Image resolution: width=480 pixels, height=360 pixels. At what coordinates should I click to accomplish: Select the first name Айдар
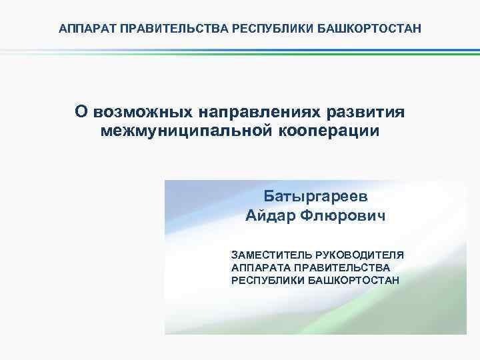pyautogui.click(x=270, y=215)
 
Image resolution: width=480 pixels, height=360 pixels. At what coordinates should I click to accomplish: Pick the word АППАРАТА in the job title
pyautogui.click(x=256, y=267)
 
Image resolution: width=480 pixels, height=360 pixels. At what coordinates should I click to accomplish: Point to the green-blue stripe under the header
pyautogui.click(x=240, y=52)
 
